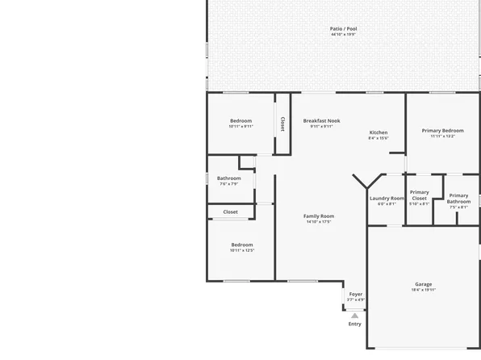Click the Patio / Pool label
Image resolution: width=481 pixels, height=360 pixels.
344,28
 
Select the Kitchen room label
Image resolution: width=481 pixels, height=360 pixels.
379,132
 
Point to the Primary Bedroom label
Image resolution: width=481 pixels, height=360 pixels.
442,130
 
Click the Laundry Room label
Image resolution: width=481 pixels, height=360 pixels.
387,198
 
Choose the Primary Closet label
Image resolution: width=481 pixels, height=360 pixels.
419,195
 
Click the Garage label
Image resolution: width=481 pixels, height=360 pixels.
423,284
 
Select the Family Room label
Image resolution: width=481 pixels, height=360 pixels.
319,216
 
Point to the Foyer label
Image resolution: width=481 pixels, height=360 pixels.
355,294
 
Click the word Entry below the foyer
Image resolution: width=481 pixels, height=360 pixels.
355,324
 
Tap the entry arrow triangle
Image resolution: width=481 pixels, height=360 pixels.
355,315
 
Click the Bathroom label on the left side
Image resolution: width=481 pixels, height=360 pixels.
228,178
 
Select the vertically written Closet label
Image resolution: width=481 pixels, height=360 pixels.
282,124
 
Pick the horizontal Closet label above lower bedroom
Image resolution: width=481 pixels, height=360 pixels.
230,211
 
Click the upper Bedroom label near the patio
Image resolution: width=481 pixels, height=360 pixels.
240,120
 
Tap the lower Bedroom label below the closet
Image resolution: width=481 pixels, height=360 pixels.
242,245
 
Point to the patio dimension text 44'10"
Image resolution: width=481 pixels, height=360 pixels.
344,35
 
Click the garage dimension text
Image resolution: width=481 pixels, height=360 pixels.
423,290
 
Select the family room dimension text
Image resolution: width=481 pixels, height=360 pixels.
319,222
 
